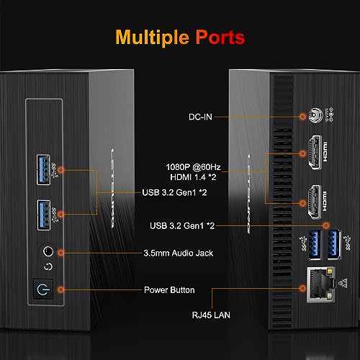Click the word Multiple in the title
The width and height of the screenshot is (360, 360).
152,37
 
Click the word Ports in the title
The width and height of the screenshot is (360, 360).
220,37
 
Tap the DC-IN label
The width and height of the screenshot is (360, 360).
200,117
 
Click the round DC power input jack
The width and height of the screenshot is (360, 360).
315,115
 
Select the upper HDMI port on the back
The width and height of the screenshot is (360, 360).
315,153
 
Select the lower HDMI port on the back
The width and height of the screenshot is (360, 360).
315,202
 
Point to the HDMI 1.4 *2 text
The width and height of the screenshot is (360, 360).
193,177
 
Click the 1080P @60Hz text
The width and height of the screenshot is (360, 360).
193,167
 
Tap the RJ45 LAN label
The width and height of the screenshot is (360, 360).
211,315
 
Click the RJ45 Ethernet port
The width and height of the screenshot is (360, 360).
321,284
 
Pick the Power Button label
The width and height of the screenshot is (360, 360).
169,290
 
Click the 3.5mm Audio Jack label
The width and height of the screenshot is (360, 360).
179,253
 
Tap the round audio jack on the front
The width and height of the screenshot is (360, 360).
48,251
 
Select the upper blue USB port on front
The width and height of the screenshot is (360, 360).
43,170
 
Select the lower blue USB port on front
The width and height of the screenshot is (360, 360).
44,215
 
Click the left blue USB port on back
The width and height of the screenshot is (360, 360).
315,245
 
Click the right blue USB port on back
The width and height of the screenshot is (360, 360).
334,245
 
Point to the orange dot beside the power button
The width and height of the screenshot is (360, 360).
60,290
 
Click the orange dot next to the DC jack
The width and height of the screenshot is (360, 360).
302,117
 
